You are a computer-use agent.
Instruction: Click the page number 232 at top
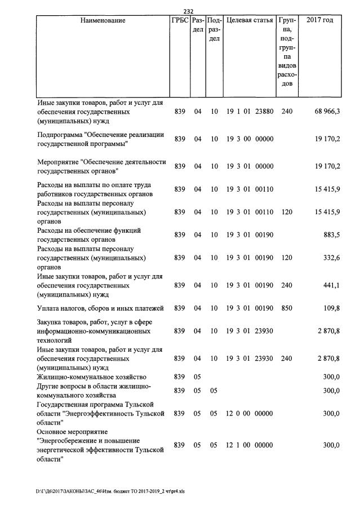coord(189,11)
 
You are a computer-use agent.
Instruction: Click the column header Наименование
coord(103,21)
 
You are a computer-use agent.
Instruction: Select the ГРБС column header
coord(180,21)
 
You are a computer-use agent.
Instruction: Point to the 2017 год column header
coord(319,21)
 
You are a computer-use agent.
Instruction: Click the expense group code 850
coord(287,308)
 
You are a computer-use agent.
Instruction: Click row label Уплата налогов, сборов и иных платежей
coord(100,308)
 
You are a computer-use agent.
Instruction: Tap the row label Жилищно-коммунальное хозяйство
coord(92,377)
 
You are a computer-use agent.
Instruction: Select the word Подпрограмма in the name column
coord(62,135)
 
